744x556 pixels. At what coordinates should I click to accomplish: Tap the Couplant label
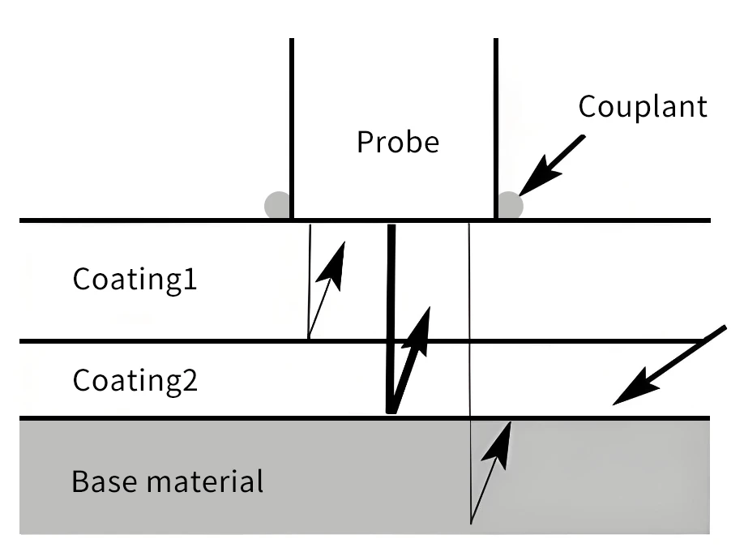click(x=643, y=107)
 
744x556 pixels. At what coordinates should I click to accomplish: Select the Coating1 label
click(x=135, y=279)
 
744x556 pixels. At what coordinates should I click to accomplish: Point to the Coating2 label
click(x=135, y=380)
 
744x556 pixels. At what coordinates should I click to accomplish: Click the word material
click(x=205, y=481)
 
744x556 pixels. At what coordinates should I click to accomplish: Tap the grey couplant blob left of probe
click(x=277, y=205)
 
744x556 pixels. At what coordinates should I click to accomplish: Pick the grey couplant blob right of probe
click(x=510, y=205)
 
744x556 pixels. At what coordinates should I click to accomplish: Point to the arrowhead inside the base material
click(x=498, y=445)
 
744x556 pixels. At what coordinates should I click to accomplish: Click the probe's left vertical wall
click(x=292, y=128)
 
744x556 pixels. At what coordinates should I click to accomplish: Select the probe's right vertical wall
click(x=496, y=128)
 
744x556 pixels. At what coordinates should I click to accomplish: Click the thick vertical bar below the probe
click(x=391, y=319)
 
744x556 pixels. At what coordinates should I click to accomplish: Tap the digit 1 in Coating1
click(x=190, y=279)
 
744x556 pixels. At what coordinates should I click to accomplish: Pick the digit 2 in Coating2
click(x=190, y=379)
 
